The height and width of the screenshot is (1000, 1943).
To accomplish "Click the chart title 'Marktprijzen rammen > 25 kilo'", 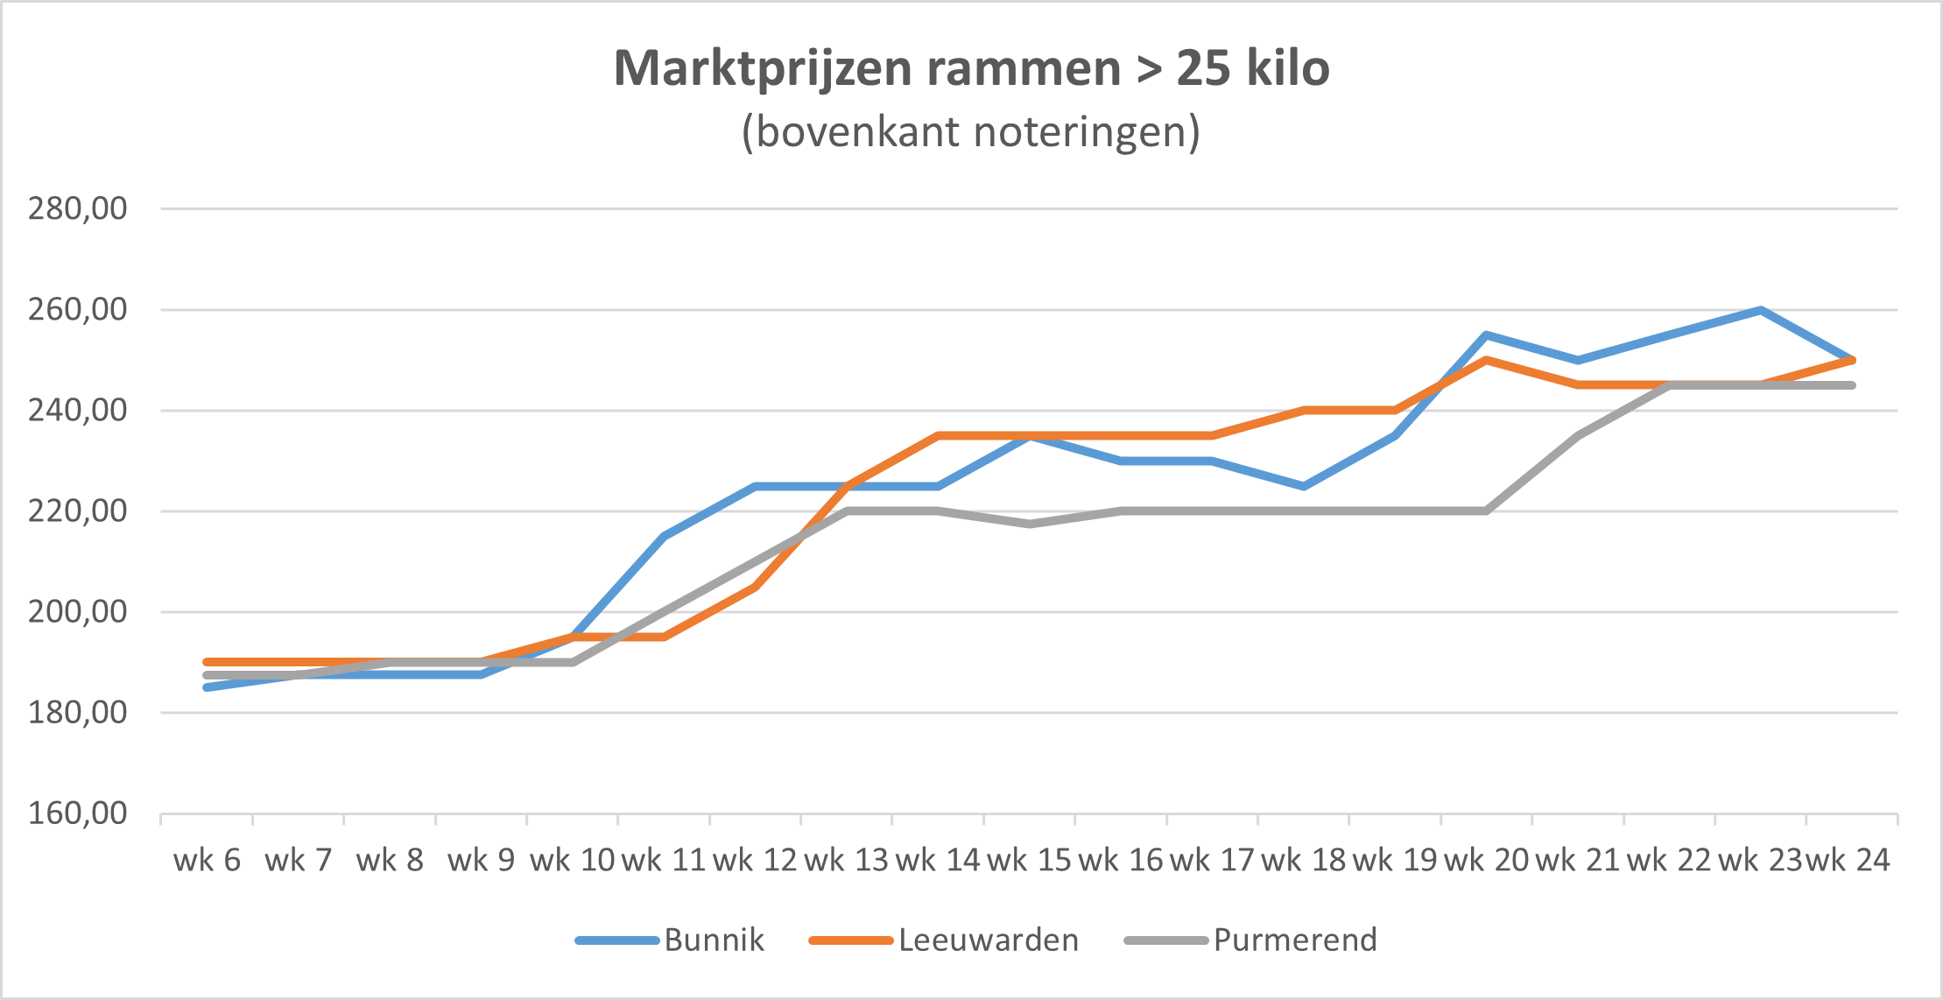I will (971, 68).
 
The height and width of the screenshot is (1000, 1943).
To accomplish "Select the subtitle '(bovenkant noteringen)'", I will (971, 132).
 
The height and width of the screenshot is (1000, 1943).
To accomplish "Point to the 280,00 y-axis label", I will (77, 208).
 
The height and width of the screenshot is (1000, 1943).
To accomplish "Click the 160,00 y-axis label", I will (77, 813).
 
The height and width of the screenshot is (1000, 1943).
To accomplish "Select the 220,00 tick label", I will (77, 511).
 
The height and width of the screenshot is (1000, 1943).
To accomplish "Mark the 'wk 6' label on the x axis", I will (207, 860).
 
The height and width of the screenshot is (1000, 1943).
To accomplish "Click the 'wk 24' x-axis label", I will (1848, 860).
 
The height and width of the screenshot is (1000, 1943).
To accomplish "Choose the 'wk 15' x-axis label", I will (1029, 860).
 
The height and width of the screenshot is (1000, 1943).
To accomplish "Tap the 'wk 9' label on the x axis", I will (481, 860).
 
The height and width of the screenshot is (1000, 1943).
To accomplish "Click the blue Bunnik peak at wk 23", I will (1760, 310).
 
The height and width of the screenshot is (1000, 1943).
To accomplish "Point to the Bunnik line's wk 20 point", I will (1486, 335).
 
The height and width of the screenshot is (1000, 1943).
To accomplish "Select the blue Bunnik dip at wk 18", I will (1304, 486).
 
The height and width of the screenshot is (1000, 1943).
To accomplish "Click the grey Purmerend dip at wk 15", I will (1030, 525).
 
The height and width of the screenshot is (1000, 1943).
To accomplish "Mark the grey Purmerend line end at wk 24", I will (1852, 385).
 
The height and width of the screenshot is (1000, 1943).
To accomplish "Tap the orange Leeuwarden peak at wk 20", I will (1486, 360).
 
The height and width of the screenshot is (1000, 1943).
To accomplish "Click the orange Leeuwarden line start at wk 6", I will (207, 662).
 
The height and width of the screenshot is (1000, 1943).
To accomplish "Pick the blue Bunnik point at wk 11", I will (664, 536).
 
